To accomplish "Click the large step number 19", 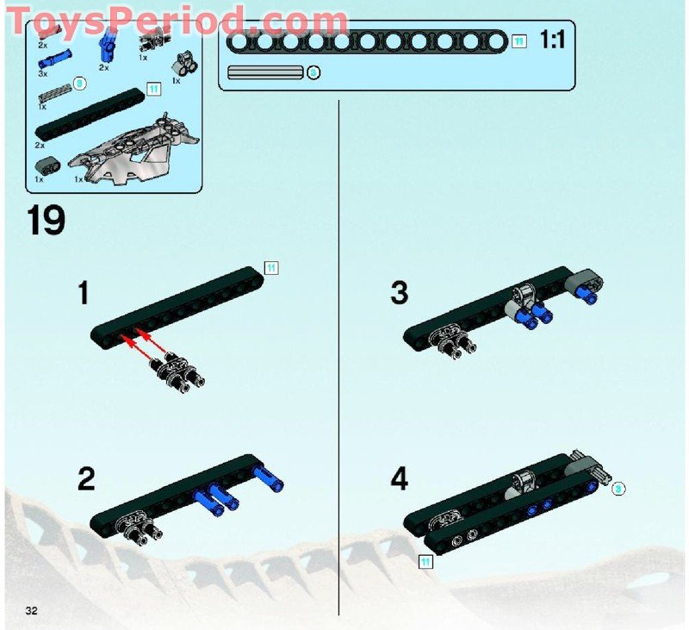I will [46, 220].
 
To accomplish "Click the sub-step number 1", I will [83, 294].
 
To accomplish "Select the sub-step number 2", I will [85, 479].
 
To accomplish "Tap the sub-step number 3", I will [399, 294].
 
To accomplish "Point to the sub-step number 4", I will [399, 479].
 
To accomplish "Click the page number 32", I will [32, 611].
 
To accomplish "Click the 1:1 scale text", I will [552, 40].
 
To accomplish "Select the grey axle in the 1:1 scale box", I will [264, 72].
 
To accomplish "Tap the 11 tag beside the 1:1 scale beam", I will [518, 41].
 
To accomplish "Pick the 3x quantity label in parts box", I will [42, 74].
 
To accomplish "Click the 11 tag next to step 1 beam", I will [270, 268].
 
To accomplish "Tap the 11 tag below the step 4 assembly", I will [425, 563].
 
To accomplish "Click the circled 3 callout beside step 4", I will [618, 489].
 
